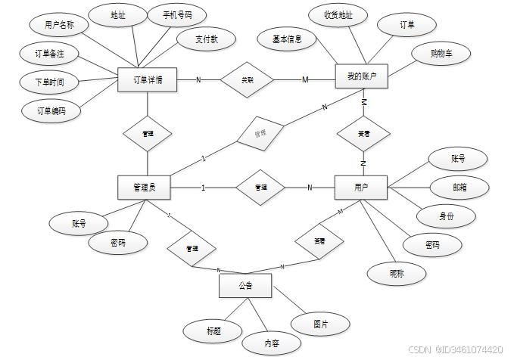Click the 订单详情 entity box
(148, 79)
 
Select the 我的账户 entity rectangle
(361, 76)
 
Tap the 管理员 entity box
(144, 187)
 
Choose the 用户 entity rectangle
(361, 187)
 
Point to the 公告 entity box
(245, 286)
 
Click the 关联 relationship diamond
(247, 79)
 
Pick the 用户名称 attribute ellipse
(59, 25)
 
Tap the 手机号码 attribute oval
(177, 14)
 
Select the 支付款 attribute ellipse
(205, 39)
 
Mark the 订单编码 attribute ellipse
(51, 110)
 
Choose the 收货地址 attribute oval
(338, 14)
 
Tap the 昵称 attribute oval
(397, 273)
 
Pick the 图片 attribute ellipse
(321, 324)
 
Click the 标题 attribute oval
(213, 331)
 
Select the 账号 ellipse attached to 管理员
(79, 223)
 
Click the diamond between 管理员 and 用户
(260, 187)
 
